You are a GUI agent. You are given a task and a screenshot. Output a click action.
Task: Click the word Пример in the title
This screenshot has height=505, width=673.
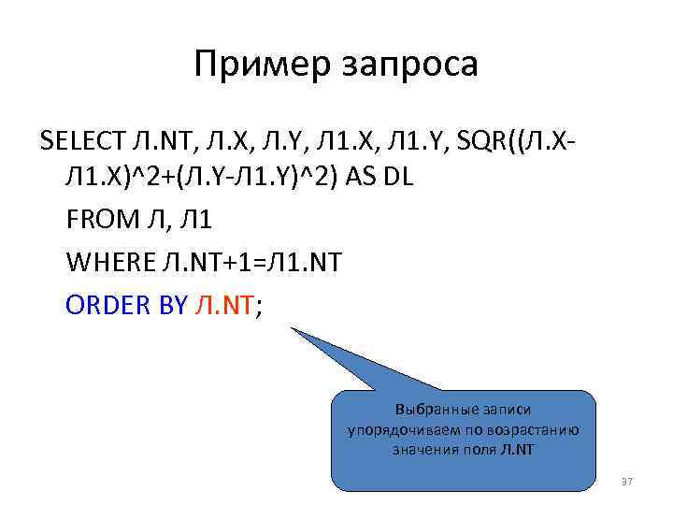click(255, 65)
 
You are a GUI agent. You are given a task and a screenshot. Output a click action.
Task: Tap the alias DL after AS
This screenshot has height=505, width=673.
click(399, 180)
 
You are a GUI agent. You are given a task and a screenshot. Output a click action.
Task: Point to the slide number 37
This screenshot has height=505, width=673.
click(627, 482)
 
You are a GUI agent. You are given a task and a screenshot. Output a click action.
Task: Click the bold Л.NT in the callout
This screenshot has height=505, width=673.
click(518, 450)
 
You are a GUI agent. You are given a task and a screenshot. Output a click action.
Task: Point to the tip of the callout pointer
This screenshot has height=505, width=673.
click(292, 329)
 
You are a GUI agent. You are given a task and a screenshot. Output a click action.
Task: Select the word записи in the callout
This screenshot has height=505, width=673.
click(505, 410)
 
